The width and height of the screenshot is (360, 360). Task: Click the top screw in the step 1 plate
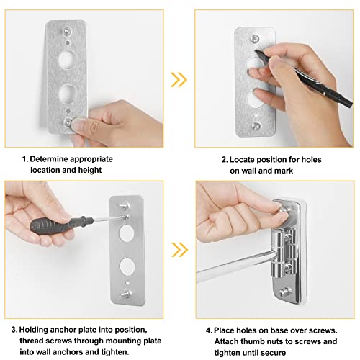point(66,31)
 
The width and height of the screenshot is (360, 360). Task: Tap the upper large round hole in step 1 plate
point(67,60)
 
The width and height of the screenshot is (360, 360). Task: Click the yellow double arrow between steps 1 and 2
point(179,79)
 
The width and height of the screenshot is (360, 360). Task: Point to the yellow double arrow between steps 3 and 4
point(179,250)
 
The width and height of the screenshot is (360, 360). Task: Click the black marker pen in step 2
point(304,77)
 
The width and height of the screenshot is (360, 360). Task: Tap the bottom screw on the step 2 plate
point(256,125)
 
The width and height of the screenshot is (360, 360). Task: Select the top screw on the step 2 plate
point(256,38)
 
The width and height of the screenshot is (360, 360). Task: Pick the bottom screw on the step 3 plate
point(126,293)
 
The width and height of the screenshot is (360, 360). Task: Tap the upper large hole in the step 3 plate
point(127,234)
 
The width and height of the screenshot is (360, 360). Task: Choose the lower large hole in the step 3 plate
point(127,266)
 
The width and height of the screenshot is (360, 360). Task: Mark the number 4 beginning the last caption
point(209,330)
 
